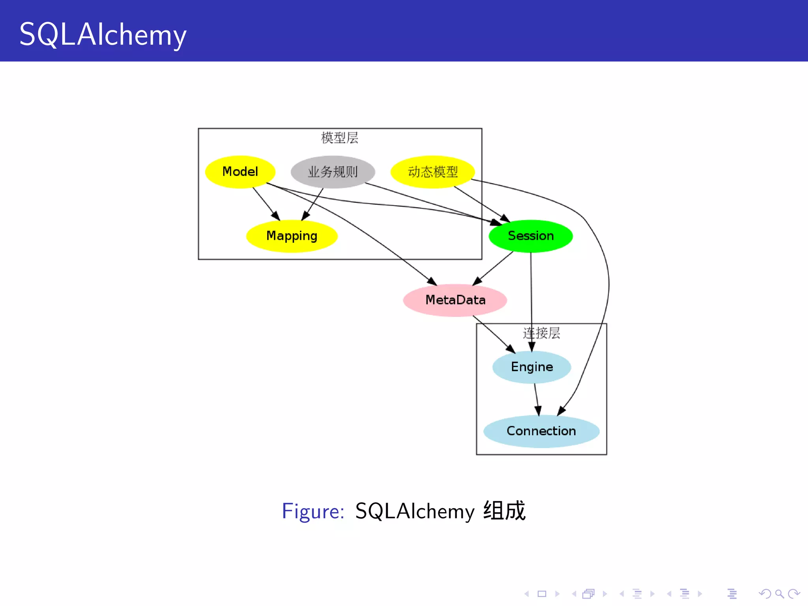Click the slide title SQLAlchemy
pyautogui.click(x=103, y=35)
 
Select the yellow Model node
pyautogui.click(x=240, y=172)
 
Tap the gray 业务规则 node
pyautogui.click(x=333, y=172)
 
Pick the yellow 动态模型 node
pyautogui.click(x=432, y=172)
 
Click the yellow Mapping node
pyautogui.click(x=292, y=236)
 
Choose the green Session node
pyautogui.click(x=531, y=236)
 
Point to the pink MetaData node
pyautogui.click(x=455, y=300)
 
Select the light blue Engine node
pyautogui.click(x=531, y=367)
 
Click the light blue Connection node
pyautogui.click(x=541, y=431)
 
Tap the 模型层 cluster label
pyautogui.click(x=340, y=138)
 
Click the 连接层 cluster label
pyautogui.click(x=541, y=333)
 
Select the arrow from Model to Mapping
pyautogui.click(x=266, y=204)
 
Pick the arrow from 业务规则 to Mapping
pyautogui.click(x=312, y=204)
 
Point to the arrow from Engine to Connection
pyautogui.click(x=537, y=399)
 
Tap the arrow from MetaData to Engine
pyautogui.click(x=494, y=334)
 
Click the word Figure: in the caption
pyautogui.click(x=313, y=511)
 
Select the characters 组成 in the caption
pyautogui.click(x=504, y=511)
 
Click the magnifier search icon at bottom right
pyautogui.click(x=779, y=594)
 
